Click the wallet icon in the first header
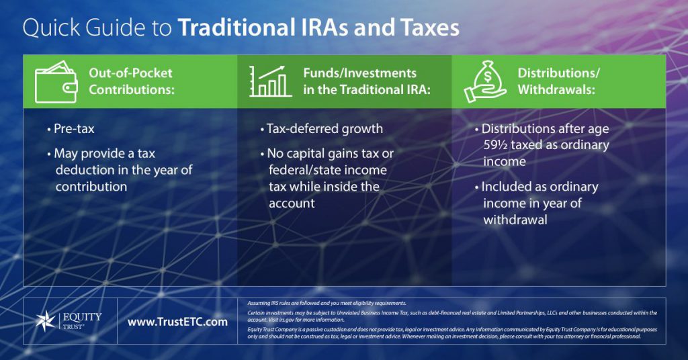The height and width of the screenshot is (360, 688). tap(55, 81)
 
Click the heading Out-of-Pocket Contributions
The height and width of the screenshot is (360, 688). tap(131, 81)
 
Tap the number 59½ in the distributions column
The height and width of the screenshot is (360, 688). tap(498, 144)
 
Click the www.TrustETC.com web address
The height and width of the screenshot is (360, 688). tap(177, 322)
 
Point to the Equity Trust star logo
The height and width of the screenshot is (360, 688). tap(49, 322)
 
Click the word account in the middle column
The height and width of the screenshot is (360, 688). tap(292, 203)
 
